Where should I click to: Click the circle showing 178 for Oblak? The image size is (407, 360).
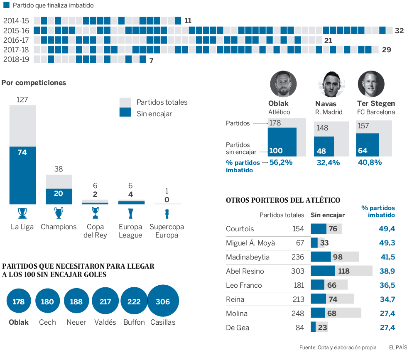coord(19,301)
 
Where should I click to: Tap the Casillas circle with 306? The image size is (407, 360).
coord(163,301)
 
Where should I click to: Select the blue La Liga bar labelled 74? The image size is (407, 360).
coord(22,175)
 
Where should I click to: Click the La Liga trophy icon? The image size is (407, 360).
coord(22,213)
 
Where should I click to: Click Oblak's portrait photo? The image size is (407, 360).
coord(283,84)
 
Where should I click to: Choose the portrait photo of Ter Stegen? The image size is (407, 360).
coord(371,84)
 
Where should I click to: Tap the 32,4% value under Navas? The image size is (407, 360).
coord(328,163)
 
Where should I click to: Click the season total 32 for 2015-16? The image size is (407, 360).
coord(399,31)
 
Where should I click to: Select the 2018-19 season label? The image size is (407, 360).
coord(16,59)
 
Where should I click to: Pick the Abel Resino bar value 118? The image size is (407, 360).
coord(343,271)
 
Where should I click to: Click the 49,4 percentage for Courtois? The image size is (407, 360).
coord(387,229)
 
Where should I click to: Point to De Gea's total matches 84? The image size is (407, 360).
coord(299,328)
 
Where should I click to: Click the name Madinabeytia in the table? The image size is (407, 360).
coord(248,257)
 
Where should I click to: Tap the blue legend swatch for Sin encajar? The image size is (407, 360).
coord(125,113)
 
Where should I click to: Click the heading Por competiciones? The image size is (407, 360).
coord(34,83)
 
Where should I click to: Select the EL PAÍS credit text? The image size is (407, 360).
coord(397,347)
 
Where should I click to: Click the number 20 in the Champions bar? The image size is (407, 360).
coord(59,193)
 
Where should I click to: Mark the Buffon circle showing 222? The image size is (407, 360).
coord(134,301)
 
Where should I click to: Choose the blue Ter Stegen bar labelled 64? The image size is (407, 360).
coord(368,145)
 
